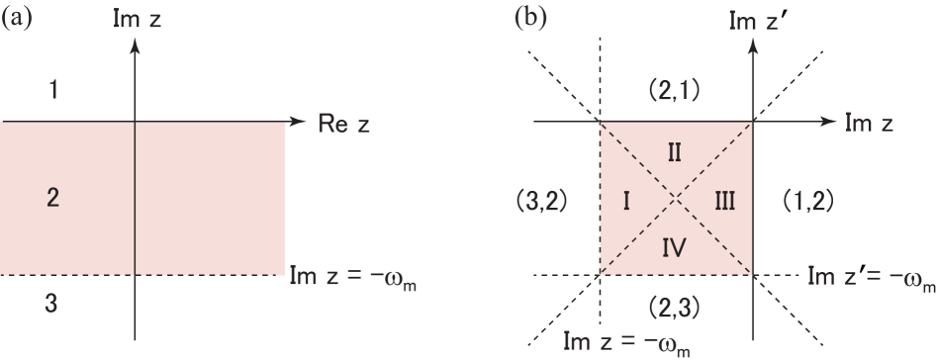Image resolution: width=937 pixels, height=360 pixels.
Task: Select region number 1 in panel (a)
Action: pyautogui.click(x=55, y=91)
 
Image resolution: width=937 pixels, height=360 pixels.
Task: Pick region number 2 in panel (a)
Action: pyautogui.click(x=55, y=200)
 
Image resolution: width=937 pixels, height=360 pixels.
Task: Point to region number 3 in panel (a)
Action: pyautogui.click(x=55, y=307)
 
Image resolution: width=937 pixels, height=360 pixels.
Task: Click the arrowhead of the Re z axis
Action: pyautogui.click(x=302, y=123)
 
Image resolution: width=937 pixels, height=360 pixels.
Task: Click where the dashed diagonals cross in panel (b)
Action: pyautogui.click(x=676, y=199)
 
